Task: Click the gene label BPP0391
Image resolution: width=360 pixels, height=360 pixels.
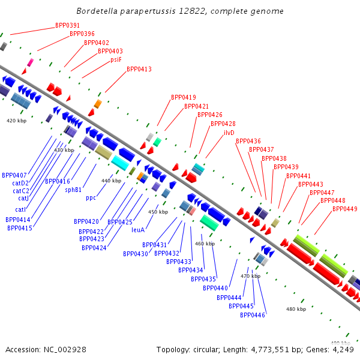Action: (x=67, y=25)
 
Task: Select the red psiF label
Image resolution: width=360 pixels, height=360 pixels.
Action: (x=116, y=59)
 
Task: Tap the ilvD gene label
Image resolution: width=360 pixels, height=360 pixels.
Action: (x=229, y=133)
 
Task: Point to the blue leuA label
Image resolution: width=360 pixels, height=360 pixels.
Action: (x=138, y=230)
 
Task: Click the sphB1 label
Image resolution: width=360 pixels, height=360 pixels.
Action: (x=73, y=190)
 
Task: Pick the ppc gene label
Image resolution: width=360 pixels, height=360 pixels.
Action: (x=91, y=198)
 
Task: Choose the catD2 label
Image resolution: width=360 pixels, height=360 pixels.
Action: (x=20, y=183)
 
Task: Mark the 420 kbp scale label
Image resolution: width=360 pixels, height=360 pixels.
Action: (x=17, y=121)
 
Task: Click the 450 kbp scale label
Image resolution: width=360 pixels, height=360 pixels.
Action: (x=158, y=212)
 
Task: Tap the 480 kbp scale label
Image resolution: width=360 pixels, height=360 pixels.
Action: (x=296, y=309)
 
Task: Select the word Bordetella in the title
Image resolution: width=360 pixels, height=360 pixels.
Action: (x=97, y=11)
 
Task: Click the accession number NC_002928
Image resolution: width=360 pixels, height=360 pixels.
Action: (x=65, y=350)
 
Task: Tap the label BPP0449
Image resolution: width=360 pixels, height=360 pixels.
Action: (x=345, y=209)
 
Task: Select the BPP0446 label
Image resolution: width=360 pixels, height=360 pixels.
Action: (x=253, y=315)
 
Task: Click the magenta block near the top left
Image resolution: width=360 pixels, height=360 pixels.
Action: (x=31, y=62)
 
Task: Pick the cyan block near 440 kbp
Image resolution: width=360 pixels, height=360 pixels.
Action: (x=120, y=163)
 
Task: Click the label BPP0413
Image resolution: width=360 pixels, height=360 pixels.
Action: (x=139, y=69)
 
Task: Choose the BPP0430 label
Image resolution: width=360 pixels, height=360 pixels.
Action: (x=136, y=254)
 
